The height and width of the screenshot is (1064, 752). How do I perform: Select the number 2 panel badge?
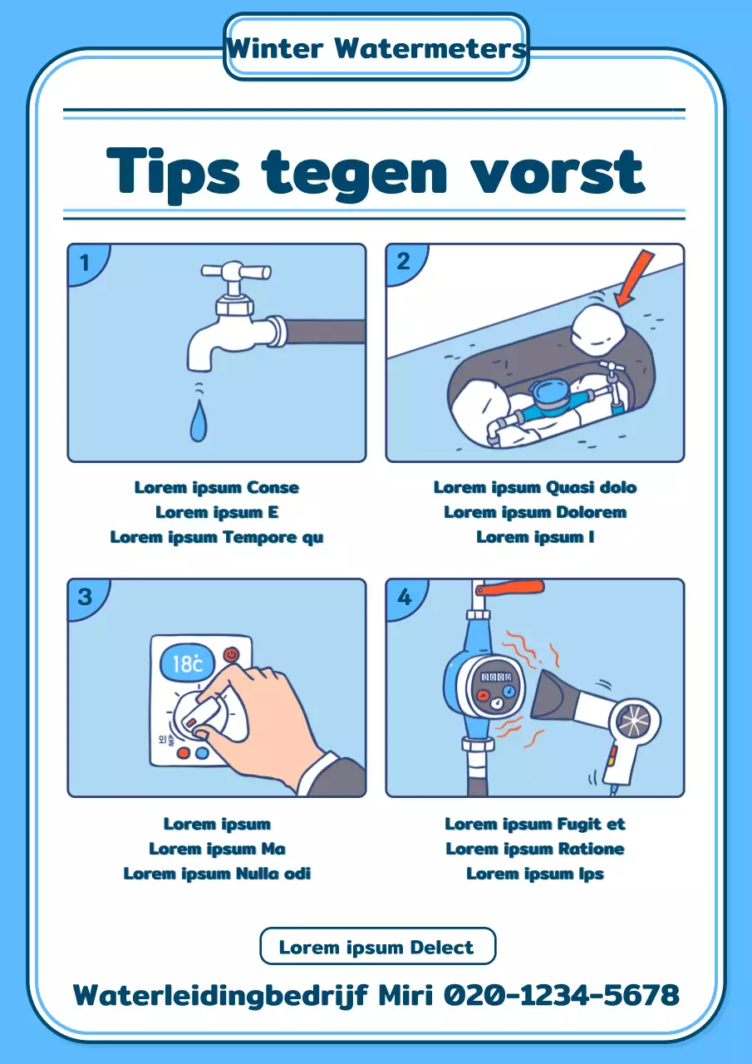point(403,262)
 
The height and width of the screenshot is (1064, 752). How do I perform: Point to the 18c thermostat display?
point(187,663)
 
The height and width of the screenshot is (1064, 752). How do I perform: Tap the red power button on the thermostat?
point(231,654)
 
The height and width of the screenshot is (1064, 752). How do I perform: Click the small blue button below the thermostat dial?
point(202,753)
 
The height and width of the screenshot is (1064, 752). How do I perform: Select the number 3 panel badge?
point(85,597)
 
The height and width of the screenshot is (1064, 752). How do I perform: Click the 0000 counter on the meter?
point(496,677)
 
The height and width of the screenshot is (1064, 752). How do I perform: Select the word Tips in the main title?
point(174,171)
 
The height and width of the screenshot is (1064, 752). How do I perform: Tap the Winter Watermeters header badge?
point(376,47)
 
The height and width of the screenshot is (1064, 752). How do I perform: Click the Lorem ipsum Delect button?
point(377,947)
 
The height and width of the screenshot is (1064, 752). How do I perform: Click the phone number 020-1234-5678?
point(562,994)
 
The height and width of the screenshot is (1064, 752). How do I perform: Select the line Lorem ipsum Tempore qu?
point(217,537)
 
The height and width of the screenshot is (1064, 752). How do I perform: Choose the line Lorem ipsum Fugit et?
point(534,824)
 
